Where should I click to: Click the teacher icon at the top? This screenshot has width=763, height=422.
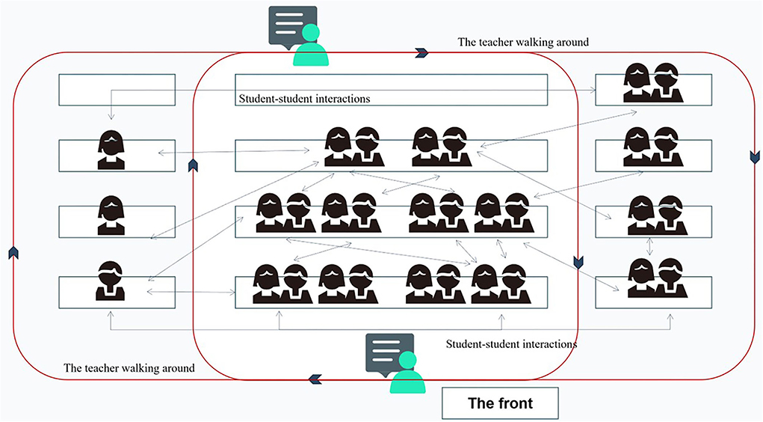[311, 46]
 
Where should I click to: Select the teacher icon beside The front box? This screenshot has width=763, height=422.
[407, 373]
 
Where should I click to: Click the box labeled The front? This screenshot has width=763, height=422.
[500, 403]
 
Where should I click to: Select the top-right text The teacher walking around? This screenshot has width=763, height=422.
[523, 42]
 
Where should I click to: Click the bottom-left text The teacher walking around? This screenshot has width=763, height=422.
[129, 368]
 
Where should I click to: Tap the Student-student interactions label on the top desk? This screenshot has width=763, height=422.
[305, 98]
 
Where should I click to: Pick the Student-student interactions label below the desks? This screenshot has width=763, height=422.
[511, 344]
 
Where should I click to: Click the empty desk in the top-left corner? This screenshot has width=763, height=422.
[117, 90]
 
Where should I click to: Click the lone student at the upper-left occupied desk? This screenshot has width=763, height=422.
[111, 150]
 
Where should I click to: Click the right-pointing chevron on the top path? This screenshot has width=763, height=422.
[421, 52]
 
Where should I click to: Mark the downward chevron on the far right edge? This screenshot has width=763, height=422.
[753, 159]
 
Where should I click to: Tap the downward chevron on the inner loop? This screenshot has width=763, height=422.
[578, 262]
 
